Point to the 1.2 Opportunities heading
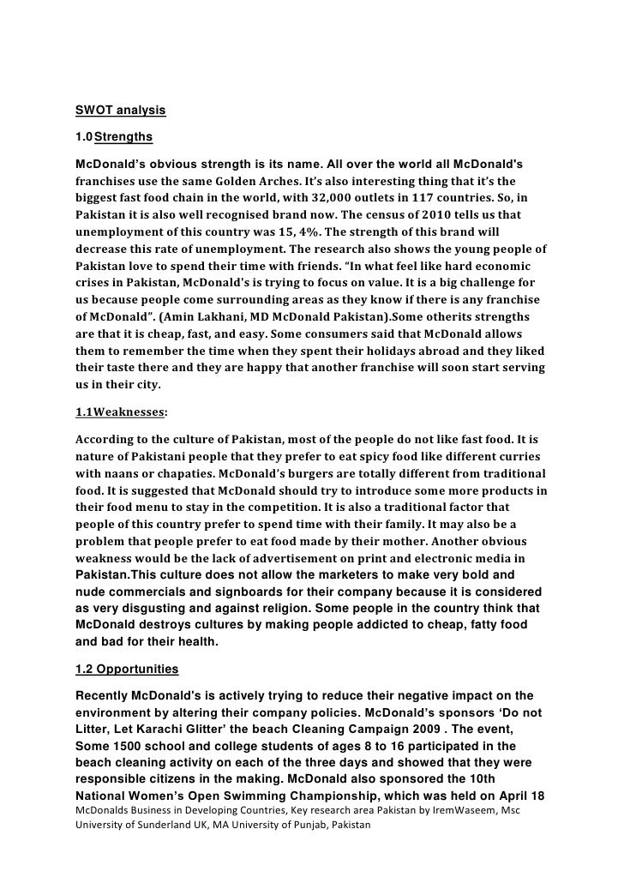(x=127, y=669)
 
